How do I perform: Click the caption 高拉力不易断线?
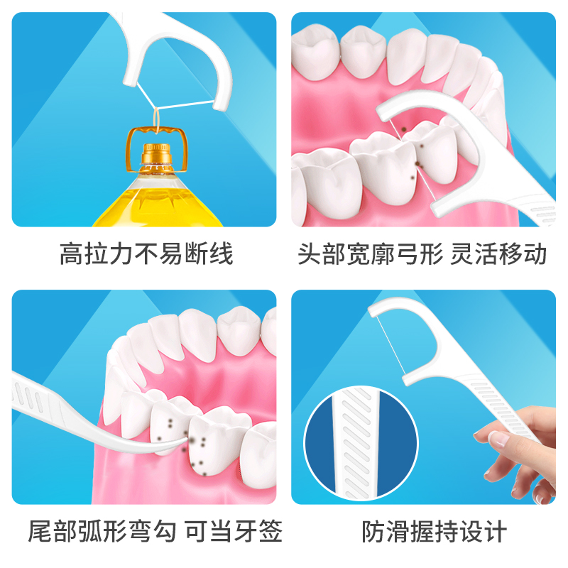coord(146,253)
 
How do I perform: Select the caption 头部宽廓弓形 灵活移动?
coord(422,253)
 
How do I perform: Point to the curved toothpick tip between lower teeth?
coord(186,445)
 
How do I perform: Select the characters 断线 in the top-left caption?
coord(214,253)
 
